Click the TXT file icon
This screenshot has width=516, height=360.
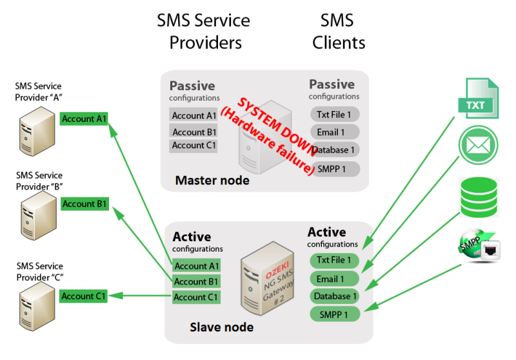pos(479,98)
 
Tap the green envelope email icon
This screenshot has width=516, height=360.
pos(478,145)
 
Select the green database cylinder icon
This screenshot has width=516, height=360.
pos(479,197)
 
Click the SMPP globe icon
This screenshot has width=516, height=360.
pos(479,246)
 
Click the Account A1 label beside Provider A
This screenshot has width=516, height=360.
pos(84,119)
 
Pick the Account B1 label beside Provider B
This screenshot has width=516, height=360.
pos(84,204)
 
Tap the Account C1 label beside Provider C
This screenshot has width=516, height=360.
pos(83,296)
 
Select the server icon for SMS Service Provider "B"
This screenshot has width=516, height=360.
pos(39,216)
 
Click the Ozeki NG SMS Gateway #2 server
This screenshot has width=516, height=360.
pos(268,279)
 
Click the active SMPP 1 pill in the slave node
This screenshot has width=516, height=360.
pos(335,315)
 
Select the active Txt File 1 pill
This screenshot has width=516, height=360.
pos(334,260)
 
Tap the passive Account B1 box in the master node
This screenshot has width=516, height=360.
pos(193,132)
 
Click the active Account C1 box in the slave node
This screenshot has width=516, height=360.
pos(196,297)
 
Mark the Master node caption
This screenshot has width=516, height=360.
pos(212,181)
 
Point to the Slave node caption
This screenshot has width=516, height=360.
pos(221,327)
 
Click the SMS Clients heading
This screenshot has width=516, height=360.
pos(339,32)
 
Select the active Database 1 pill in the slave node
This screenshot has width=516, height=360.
pos(335,296)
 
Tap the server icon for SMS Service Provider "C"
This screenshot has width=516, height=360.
pos(37,306)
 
